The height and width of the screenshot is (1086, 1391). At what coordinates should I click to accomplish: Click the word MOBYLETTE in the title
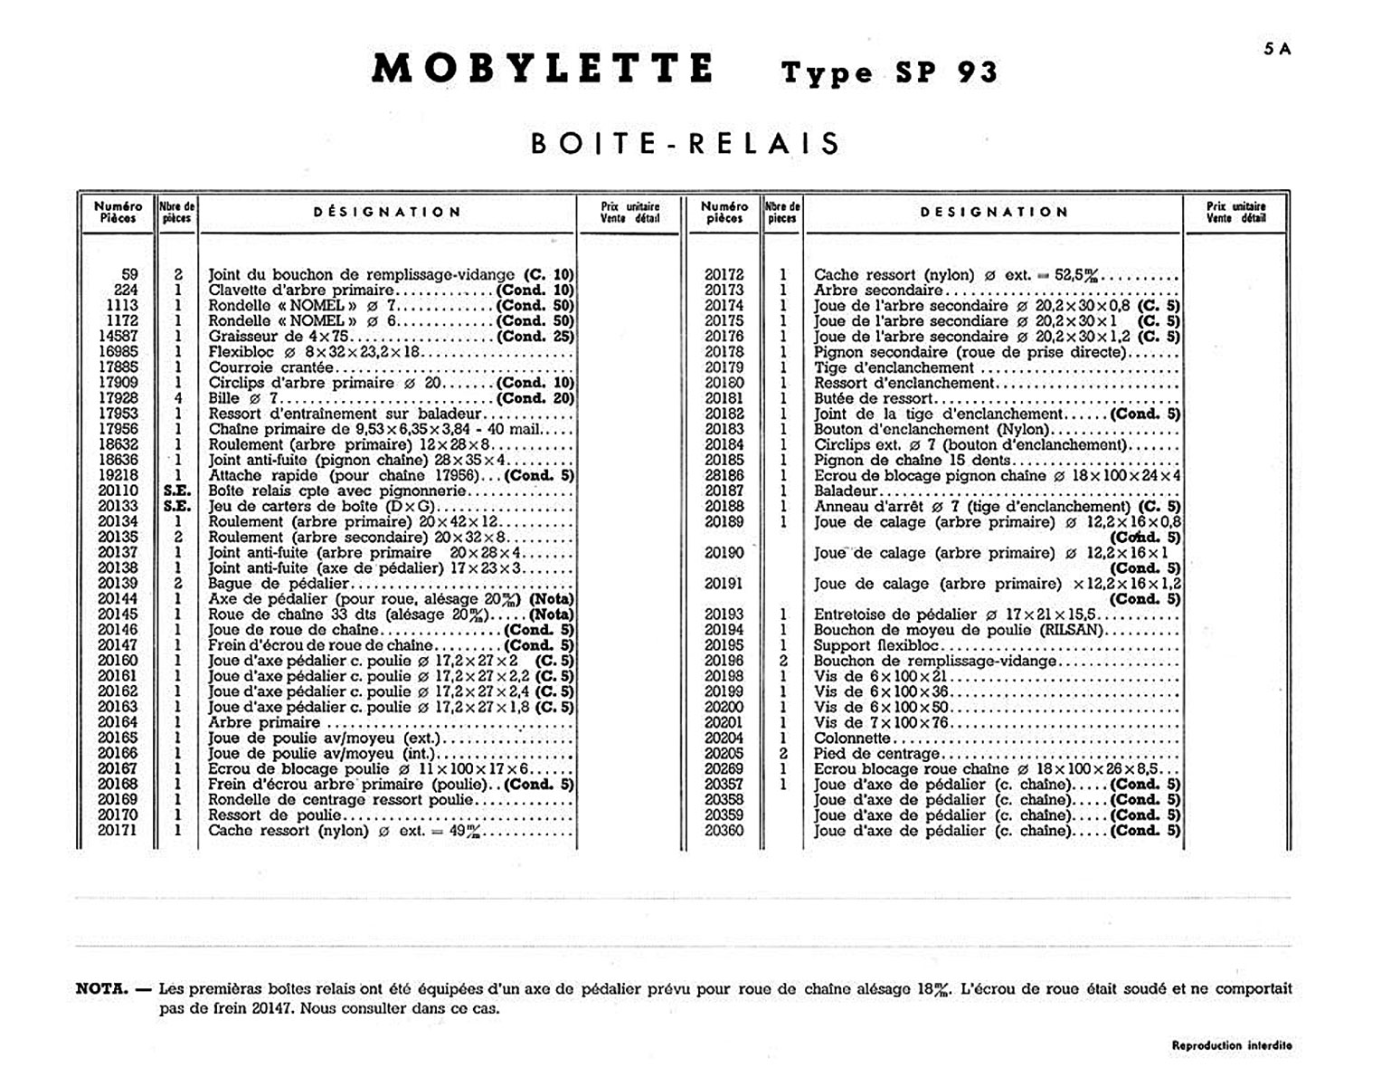[543, 70]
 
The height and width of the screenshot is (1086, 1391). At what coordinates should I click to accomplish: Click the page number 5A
[1277, 50]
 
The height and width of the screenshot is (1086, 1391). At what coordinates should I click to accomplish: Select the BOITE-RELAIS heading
[686, 144]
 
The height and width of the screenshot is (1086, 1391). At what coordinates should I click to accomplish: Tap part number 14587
[118, 337]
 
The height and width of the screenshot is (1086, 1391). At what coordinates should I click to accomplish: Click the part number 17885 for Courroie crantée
[118, 367]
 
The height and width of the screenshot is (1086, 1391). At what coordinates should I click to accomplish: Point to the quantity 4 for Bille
[178, 398]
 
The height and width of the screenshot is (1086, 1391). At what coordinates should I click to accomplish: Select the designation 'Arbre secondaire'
[877, 291]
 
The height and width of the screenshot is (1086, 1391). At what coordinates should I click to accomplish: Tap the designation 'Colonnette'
[852, 738]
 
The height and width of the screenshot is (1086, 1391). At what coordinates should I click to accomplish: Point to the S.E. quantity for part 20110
[177, 491]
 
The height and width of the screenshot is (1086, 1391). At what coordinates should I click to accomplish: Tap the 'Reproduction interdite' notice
[1232, 1045]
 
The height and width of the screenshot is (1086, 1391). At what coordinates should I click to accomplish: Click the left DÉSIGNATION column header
[387, 213]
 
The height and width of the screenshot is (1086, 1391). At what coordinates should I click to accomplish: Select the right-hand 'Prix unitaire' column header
[1235, 212]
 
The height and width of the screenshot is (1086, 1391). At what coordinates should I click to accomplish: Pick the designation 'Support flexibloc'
[876, 645]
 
